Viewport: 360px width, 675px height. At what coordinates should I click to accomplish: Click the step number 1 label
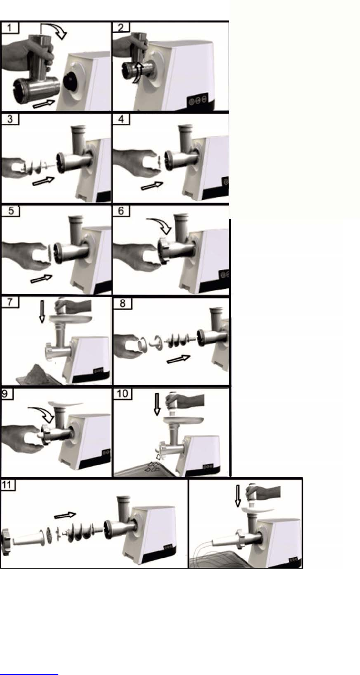coord(9,28)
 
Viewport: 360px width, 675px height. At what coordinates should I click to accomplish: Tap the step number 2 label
coord(121,28)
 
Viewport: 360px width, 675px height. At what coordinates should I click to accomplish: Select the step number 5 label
coord(11,211)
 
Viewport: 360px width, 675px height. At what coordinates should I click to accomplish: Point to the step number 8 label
coord(122,303)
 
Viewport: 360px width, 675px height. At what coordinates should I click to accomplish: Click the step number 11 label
coord(6,485)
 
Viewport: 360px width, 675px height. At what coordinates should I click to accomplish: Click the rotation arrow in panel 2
coord(137,72)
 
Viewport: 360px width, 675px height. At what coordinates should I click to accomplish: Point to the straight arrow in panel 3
coord(43,181)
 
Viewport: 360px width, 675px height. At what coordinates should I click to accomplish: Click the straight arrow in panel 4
coord(152,186)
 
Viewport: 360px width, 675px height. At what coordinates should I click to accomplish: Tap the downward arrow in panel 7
coord(42,312)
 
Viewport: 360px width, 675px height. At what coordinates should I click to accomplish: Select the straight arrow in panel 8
coord(178,359)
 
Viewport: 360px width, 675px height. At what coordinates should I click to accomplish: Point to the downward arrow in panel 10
coord(157,404)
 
